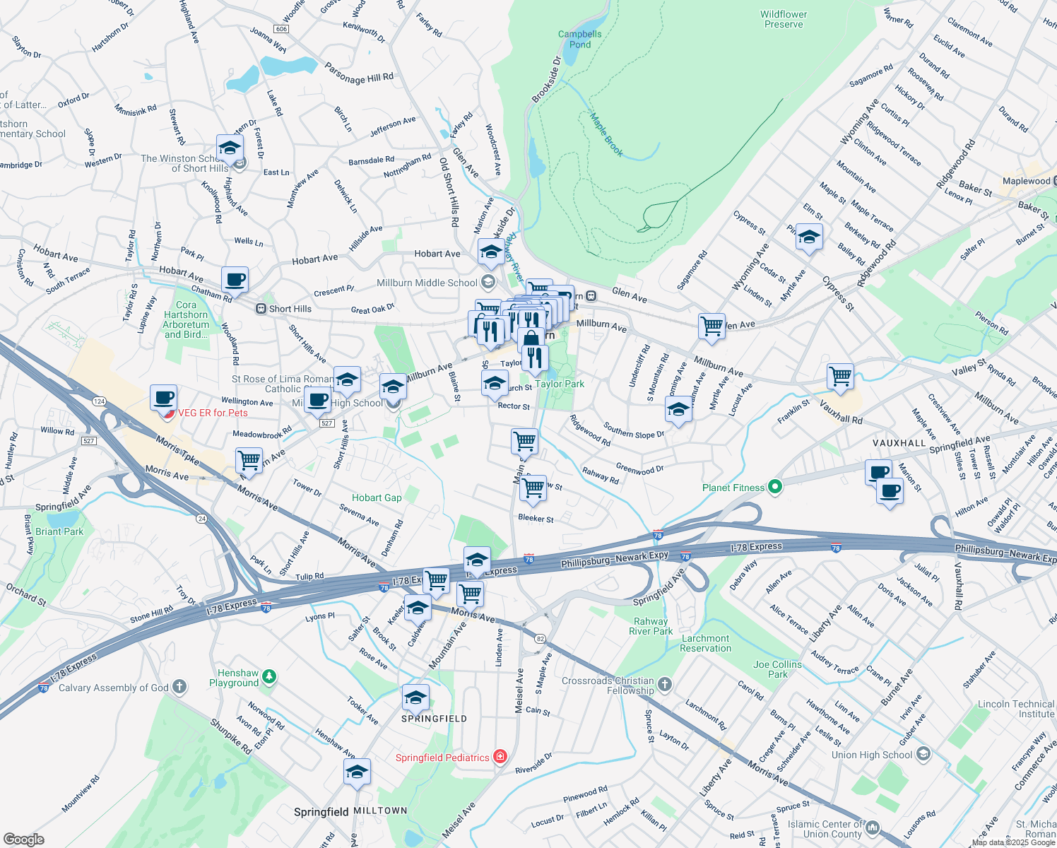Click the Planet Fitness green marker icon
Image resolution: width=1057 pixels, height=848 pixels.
(775, 487)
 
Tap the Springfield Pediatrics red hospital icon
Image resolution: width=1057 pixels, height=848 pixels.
(500, 757)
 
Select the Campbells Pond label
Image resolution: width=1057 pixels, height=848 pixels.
(580, 39)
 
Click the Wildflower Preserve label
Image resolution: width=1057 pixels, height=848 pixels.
(784, 19)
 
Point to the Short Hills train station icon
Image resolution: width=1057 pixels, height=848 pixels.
(261, 309)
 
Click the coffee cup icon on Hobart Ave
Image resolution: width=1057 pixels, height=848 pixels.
(235, 280)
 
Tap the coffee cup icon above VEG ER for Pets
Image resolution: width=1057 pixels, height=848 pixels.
(163, 398)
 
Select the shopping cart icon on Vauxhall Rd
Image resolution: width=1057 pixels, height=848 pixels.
(840, 377)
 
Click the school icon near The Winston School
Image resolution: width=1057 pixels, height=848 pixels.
(230, 148)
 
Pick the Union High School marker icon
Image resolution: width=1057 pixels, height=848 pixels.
(923, 755)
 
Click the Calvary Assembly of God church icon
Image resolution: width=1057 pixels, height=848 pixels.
(179, 686)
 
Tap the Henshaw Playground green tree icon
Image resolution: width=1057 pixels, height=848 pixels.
(269, 678)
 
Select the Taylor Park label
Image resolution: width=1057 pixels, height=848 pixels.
(560, 384)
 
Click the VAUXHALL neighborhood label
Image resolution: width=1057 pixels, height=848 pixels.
(899, 443)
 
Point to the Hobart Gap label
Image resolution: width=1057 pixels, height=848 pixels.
(377, 497)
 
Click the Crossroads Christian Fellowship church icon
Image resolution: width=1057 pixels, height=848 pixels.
(664, 683)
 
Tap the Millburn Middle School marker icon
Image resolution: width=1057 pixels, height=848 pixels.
(488, 283)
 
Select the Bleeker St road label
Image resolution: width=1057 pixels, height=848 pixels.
(536, 518)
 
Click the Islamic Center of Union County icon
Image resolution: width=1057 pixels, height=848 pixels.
(873, 827)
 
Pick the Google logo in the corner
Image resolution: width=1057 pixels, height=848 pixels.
(24, 839)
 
